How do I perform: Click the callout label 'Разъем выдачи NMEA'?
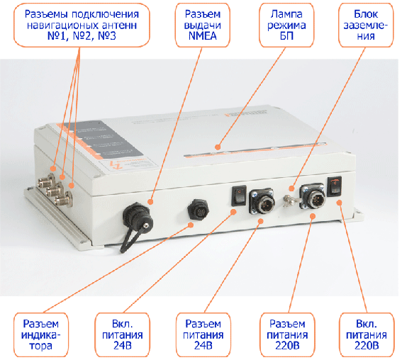203,25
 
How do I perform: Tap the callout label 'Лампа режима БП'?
286,25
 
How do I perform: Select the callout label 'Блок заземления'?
366,25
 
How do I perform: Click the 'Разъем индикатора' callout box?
41,334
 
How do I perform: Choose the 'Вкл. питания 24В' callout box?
122,334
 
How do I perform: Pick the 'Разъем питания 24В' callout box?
203,334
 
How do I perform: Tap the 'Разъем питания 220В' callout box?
287,334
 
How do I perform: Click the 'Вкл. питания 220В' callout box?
367,334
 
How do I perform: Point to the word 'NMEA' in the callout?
203,36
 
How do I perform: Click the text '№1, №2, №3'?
82,36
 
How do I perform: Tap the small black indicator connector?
198,210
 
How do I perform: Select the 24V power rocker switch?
239,196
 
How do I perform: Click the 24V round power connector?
262,201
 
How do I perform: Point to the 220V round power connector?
313,196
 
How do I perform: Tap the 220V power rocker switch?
335,186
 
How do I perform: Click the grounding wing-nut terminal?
289,201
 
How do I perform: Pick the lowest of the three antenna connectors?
64,200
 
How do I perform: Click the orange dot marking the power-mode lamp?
218,147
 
